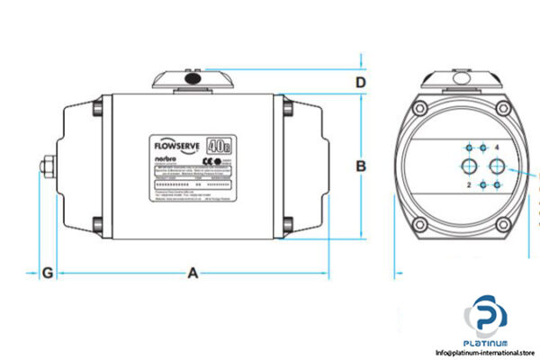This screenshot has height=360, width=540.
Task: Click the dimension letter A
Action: click(192, 274)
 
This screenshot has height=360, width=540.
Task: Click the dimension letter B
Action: click(360, 165)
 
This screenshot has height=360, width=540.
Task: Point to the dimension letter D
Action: click(359, 84)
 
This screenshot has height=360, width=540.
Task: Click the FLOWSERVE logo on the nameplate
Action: click(175, 143)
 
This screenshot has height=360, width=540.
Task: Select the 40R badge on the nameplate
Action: click(217, 143)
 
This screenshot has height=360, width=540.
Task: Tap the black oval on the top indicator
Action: click(193, 82)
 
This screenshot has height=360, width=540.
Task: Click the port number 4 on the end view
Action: click(496, 147)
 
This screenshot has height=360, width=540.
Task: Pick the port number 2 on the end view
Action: click(468, 185)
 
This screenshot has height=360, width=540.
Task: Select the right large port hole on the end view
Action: click(496, 166)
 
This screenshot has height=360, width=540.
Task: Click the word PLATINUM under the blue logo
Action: click(489, 342)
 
